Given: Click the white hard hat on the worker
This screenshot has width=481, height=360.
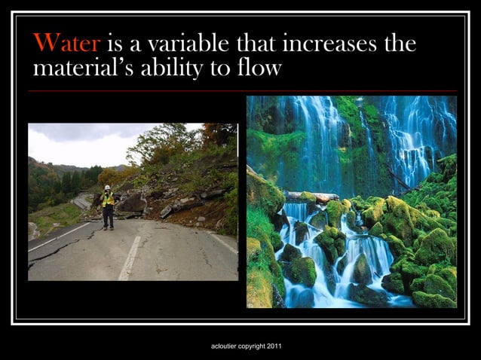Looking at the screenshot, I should click(108, 187).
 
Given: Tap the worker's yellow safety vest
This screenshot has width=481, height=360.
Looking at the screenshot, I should click(109, 199).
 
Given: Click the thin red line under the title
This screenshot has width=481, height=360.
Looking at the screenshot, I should click(241, 90).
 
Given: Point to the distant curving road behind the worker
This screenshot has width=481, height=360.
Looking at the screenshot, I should click(81, 201).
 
